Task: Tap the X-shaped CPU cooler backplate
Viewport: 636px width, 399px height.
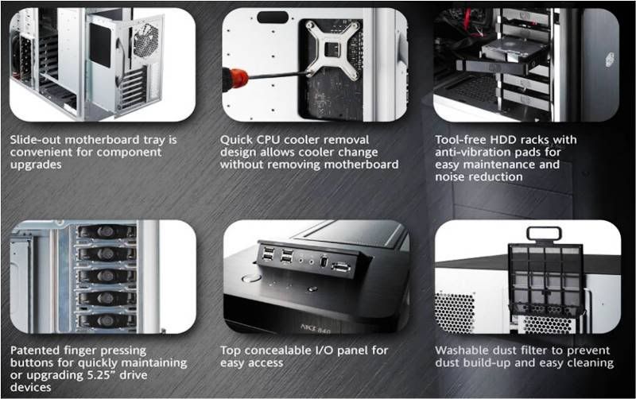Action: click(x=332, y=49)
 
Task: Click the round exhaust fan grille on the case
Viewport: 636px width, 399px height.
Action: click(x=145, y=41)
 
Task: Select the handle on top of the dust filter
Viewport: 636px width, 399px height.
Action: click(x=544, y=234)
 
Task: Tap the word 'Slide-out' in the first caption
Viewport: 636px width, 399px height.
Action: click(x=36, y=139)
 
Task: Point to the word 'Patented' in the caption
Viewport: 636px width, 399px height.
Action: click(x=34, y=350)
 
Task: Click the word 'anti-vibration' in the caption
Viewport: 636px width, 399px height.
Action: click(x=475, y=152)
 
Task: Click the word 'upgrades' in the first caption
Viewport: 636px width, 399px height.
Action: click(x=36, y=165)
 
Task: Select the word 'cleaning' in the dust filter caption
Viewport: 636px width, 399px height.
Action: click(x=590, y=362)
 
